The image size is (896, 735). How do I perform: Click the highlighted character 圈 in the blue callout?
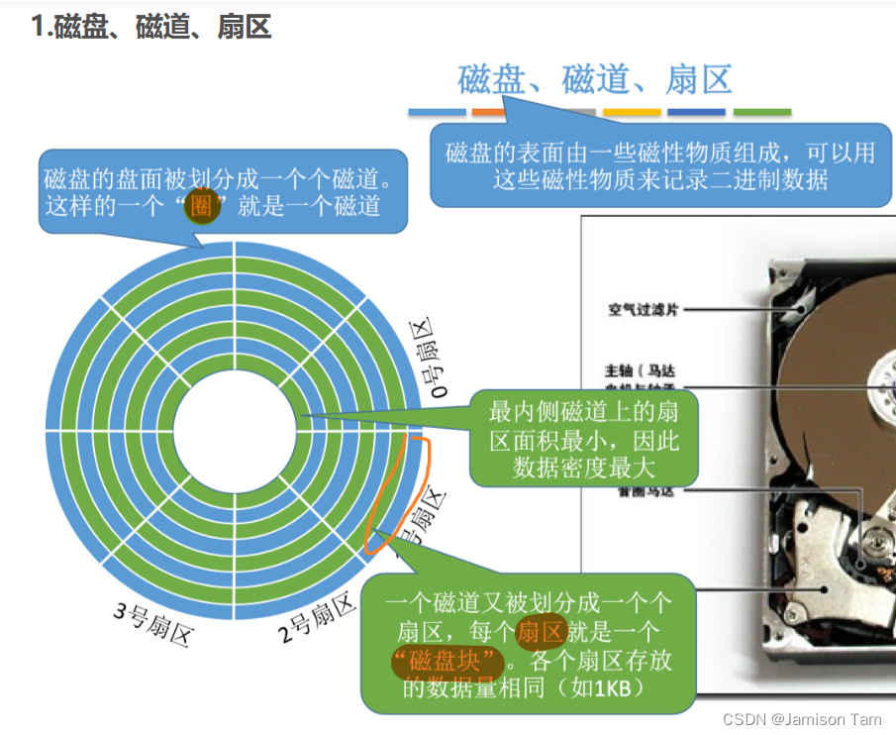point(202,206)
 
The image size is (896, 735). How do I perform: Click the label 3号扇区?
point(151,622)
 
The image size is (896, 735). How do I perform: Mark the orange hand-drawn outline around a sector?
point(399,490)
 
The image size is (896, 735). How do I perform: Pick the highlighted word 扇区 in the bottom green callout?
point(541,632)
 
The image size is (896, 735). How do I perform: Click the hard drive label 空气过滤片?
point(644,310)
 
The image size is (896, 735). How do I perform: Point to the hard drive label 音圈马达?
point(644,490)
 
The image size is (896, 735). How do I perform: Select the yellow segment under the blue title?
point(631,113)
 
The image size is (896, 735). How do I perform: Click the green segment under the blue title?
point(761,113)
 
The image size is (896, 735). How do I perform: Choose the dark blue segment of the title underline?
point(696,113)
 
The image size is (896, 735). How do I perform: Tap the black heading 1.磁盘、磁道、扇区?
point(150,27)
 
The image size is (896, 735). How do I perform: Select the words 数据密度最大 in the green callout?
point(584,468)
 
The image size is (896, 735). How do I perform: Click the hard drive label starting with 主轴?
point(644,370)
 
